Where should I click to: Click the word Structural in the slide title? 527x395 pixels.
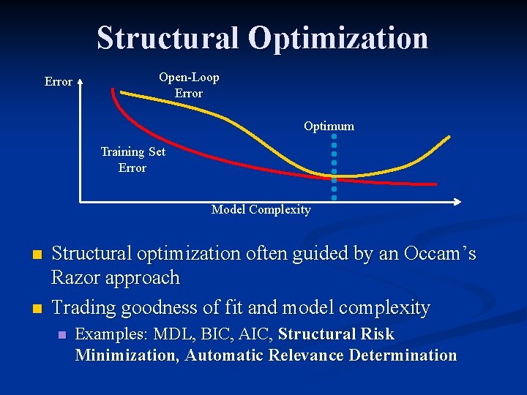point(168,38)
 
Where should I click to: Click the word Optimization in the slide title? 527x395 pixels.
point(338,38)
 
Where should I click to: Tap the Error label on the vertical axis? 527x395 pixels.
point(59,82)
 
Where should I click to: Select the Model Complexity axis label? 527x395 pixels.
point(261,210)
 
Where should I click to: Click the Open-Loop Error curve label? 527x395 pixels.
point(189,86)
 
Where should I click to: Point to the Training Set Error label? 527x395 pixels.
point(132,159)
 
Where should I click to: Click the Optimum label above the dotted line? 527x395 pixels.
point(329,126)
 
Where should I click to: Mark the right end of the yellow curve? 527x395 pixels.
point(449,137)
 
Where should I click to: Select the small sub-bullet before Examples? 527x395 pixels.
point(61,335)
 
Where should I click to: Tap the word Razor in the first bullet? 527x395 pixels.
point(78,278)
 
